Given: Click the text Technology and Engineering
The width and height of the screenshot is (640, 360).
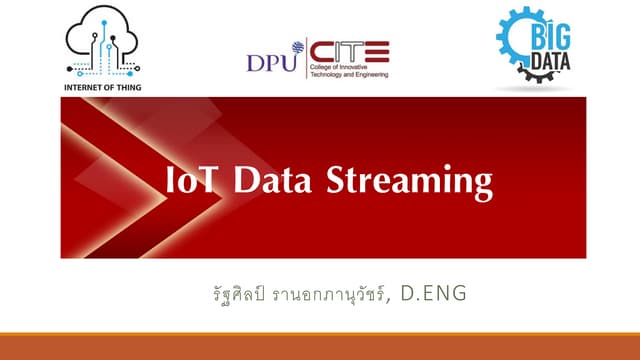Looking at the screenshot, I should [x=350, y=74].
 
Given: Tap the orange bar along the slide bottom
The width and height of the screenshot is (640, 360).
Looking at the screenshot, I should [x=320, y=346].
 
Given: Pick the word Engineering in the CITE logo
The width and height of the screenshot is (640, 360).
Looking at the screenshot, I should [x=371, y=74].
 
